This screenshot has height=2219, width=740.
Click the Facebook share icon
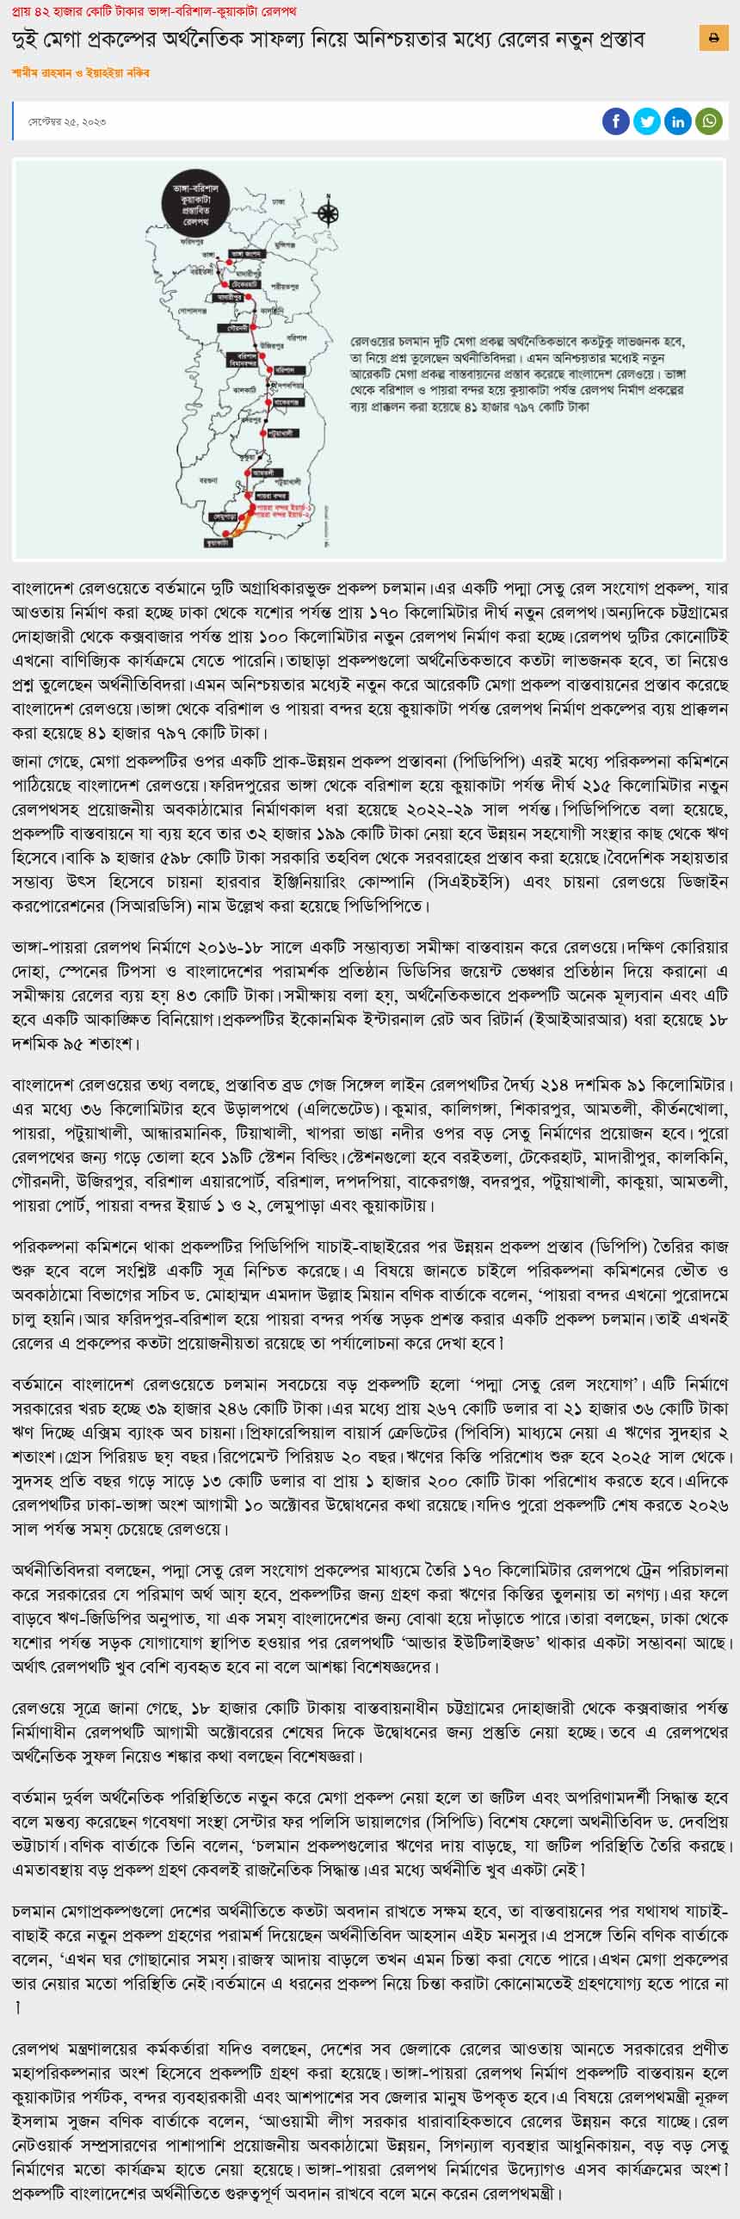coord(615,121)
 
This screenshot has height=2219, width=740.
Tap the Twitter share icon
coord(646,121)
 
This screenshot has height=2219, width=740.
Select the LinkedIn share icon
coord(678,121)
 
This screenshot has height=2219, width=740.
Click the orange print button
coord(713,38)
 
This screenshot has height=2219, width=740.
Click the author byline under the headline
coord(81,74)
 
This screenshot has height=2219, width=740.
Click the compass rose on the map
coord(328,213)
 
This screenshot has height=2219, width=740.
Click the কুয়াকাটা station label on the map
coord(217,541)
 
